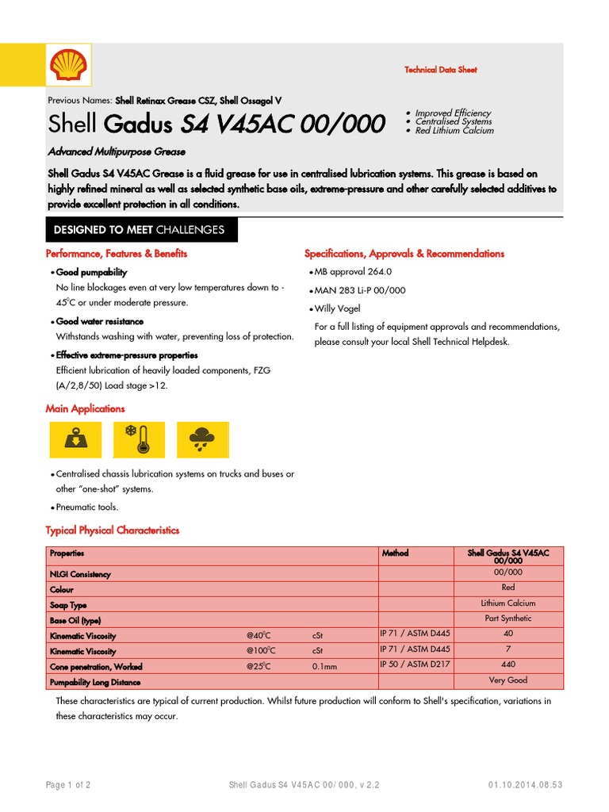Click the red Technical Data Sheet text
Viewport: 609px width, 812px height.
point(440,70)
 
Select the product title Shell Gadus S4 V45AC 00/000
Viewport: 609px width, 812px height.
point(216,124)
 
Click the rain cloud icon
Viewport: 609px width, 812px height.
point(205,439)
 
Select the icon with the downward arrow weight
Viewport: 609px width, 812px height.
point(75,439)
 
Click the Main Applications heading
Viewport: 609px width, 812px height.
point(85,409)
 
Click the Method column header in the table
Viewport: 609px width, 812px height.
point(395,553)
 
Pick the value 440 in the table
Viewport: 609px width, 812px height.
point(507,664)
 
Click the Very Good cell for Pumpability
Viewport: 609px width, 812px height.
point(507,680)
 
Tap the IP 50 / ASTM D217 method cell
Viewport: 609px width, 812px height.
point(415,664)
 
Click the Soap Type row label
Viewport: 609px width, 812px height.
point(68,605)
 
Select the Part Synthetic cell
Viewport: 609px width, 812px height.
point(507,619)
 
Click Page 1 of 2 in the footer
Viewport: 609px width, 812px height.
point(67,785)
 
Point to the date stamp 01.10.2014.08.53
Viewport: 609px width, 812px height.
point(525,785)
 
